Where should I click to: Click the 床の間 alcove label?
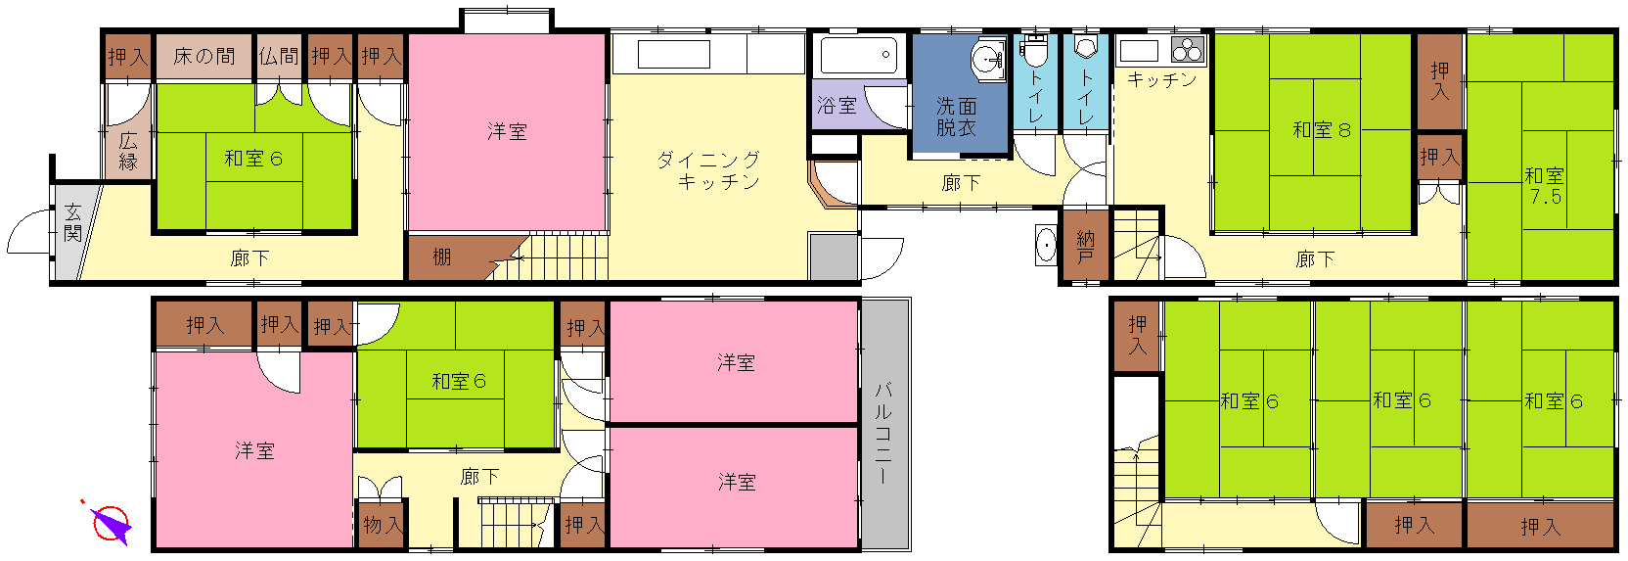point(203,56)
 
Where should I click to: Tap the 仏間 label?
point(279,56)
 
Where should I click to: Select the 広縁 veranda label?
point(128,152)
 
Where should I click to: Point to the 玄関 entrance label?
point(72,222)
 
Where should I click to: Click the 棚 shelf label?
point(442,257)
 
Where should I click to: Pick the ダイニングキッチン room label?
point(708,170)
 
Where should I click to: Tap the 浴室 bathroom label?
point(837,106)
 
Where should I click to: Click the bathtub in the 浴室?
point(859,55)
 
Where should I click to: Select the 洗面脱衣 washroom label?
point(957,117)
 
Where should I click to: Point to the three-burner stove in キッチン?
point(1188,50)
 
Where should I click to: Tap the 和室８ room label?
point(1322,130)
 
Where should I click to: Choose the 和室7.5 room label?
point(1544,186)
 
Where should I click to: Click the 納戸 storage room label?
point(1085,246)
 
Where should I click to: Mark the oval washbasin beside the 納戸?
point(1047,245)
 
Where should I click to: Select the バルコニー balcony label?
point(883,433)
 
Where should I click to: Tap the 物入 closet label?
point(383,525)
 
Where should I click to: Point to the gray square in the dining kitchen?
point(834,257)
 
